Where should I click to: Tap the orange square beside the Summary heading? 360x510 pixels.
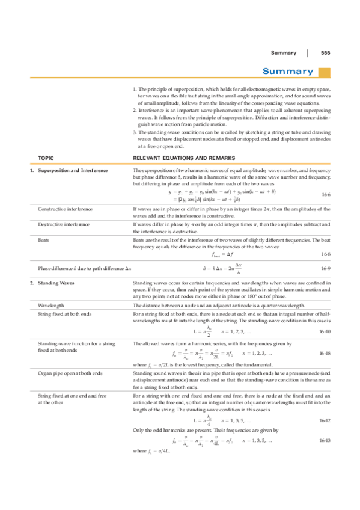(x=325, y=72)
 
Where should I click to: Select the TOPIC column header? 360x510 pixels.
(x=46, y=158)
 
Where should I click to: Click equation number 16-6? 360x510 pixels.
(x=326, y=195)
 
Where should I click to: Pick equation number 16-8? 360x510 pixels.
(x=326, y=255)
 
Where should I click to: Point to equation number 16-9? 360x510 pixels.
(x=326, y=268)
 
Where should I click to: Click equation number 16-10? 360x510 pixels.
(x=325, y=331)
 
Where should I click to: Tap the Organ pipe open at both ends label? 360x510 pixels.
(x=70, y=373)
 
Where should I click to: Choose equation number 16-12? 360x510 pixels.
(x=325, y=420)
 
